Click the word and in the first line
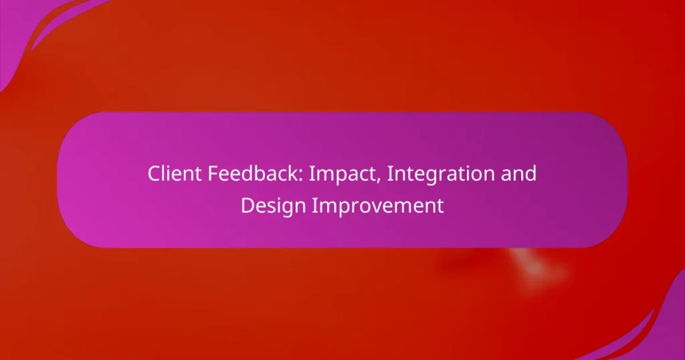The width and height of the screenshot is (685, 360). click(520, 174)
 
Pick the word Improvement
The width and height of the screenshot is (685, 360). click(379, 205)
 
